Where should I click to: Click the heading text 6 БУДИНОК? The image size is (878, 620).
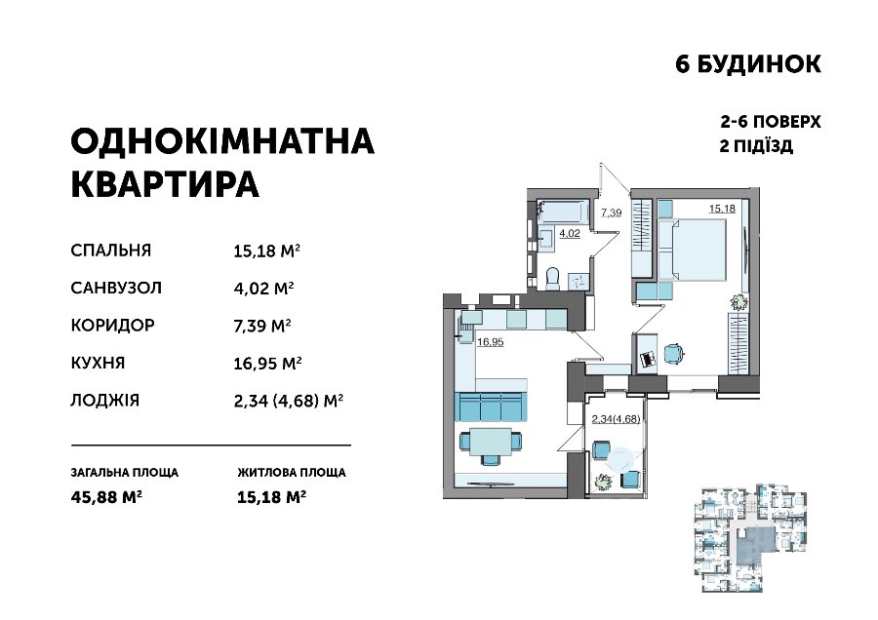click(x=748, y=64)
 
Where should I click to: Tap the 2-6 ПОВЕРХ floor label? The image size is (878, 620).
click(x=771, y=122)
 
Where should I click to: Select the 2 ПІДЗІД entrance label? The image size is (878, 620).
click(x=756, y=146)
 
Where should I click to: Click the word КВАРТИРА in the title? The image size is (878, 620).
click(x=165, y=183)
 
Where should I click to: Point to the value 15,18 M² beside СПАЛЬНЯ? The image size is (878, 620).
click(x=267, y=251)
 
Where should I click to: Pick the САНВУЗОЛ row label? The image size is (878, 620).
click(x=116, y=288)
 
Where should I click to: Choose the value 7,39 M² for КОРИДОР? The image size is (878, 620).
click(x=262, y=325)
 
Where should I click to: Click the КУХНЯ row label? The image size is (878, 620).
click(x=98, y=363)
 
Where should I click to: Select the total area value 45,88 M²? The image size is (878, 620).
click(x=106, y=497)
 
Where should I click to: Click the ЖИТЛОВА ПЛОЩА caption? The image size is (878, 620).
click(x=292, y=472)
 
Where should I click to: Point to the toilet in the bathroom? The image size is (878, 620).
click(x=552, y=278)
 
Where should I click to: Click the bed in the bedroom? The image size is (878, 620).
click(x=692, y=249)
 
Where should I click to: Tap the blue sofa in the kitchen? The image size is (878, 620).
click(x=491, y=406)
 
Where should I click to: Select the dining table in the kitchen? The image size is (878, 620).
click(x=491, y=442)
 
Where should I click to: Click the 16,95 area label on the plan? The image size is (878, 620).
click(x=490, y=342)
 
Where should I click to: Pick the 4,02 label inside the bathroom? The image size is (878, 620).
click(x=570, y=233)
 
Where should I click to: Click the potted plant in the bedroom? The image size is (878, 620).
click(x=738, y=302)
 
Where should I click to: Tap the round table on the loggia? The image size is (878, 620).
click(x=621, y=460)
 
